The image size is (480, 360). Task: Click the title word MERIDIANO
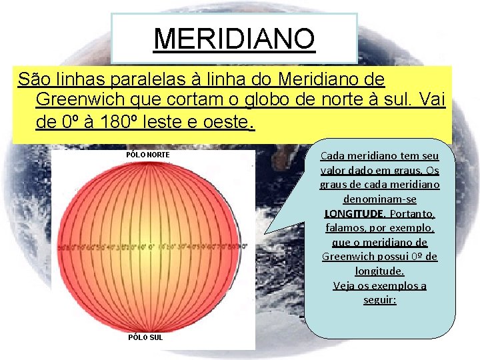pyautogui.click(x=234, y=39)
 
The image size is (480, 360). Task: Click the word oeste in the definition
pyautogui.click(x=225, y=123)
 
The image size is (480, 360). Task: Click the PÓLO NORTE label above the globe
pyautogui.click(x=148, y=155)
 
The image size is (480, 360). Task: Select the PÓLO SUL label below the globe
pyautogui.click(x=145, y=337)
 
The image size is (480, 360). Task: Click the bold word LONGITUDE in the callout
pyautogui.click(x=354, y=214)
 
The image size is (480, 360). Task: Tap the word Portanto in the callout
pyautogui.click(x=411, y=214)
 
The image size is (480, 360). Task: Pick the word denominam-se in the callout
pyautogui.click(x=380, y=199)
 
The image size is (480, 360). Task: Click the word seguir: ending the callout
pyautogui.click(x=380, y=301)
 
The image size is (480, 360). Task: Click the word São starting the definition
pyautogui.click(x=33, y=80)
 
